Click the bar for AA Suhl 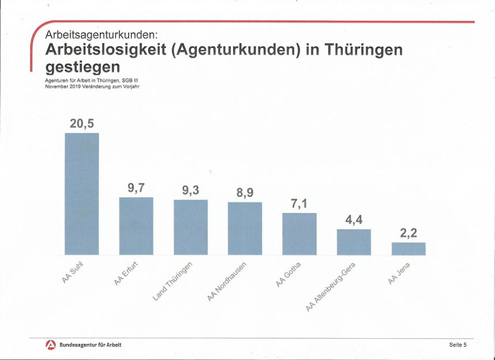tap(81, 194)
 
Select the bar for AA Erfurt tap(136, 226)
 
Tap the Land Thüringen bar tap(190, 227)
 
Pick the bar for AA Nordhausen tap(245, 228)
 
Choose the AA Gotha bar tap(299, 234)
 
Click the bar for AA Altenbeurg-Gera tap(354, 242)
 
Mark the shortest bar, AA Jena tap(408, 249)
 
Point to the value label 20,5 tap(81, 123)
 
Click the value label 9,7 tap(136, 188)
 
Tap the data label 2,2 tap(408, 233)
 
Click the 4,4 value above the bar tap(354, 220)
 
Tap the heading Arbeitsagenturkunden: tap(101, 35)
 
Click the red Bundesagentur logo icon tap(50, 344)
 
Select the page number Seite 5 tap(457, 344)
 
